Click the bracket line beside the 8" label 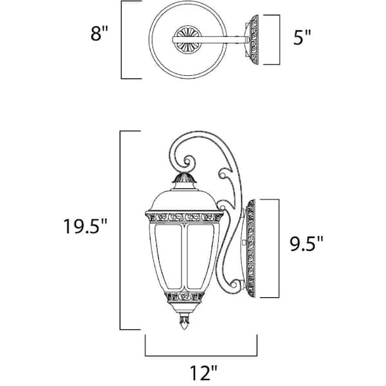(x=122, y=39)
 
